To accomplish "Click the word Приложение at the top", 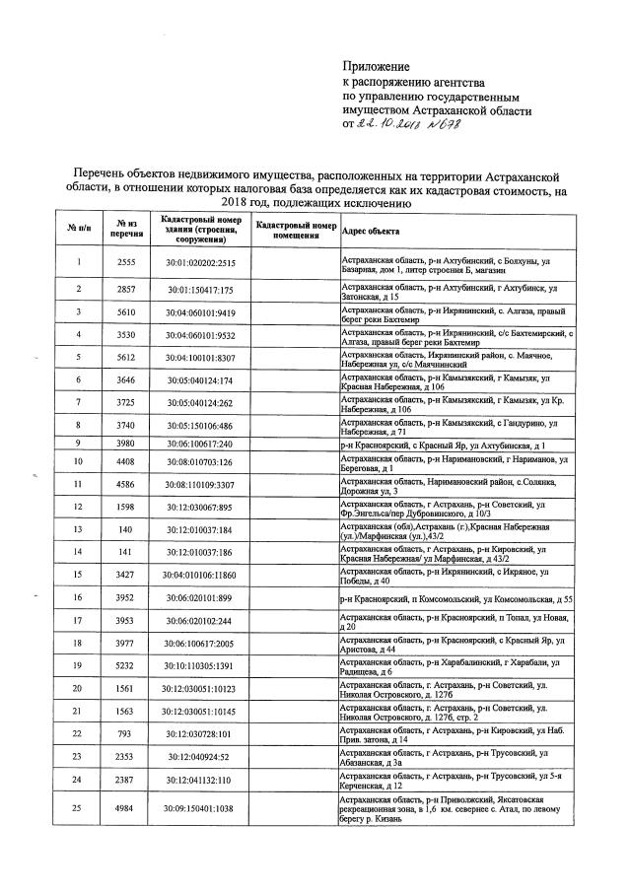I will coord(367,65).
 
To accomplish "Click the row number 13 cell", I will coord(77,528).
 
